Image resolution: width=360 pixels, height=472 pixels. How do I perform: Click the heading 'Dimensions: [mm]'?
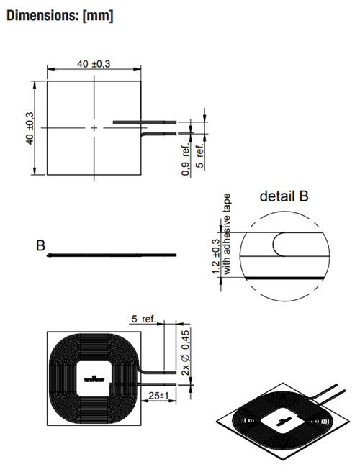(x=60, y=15)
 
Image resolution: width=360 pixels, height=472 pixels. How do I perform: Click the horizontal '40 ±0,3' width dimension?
(x=94, y=64)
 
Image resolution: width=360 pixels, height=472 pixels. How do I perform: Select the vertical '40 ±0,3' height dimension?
(x=30, y=128)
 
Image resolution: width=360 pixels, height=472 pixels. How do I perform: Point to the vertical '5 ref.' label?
(x=200, y=155)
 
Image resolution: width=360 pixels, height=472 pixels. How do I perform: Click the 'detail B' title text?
(x=284, y=196)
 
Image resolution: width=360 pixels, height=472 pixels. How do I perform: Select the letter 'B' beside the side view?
(x=40, y=245)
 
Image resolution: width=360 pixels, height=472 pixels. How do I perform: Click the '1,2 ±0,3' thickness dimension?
(x=216, y=256)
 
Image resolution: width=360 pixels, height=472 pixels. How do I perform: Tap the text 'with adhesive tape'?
(x=226, y=234)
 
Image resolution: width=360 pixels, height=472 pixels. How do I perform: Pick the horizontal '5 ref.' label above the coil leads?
(x=144, y=319)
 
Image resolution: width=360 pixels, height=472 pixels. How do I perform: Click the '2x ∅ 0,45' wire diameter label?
(x=186, y=352)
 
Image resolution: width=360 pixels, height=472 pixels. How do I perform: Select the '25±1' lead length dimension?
(x=159, y=395)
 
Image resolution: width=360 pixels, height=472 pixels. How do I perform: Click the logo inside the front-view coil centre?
(x=94, y=379)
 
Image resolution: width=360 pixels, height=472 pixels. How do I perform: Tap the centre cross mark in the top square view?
(x=94, y=128)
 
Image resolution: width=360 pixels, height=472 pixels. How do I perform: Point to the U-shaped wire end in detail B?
(x=279, y=245)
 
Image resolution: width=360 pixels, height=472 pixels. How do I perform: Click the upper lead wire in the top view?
(x=144, y=122)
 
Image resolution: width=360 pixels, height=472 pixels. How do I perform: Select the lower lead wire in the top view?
(x=159, y=134)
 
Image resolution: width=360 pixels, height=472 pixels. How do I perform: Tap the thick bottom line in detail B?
(x=284, y=277)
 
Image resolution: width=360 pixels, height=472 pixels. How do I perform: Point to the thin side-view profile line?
(x=112, y=255)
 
